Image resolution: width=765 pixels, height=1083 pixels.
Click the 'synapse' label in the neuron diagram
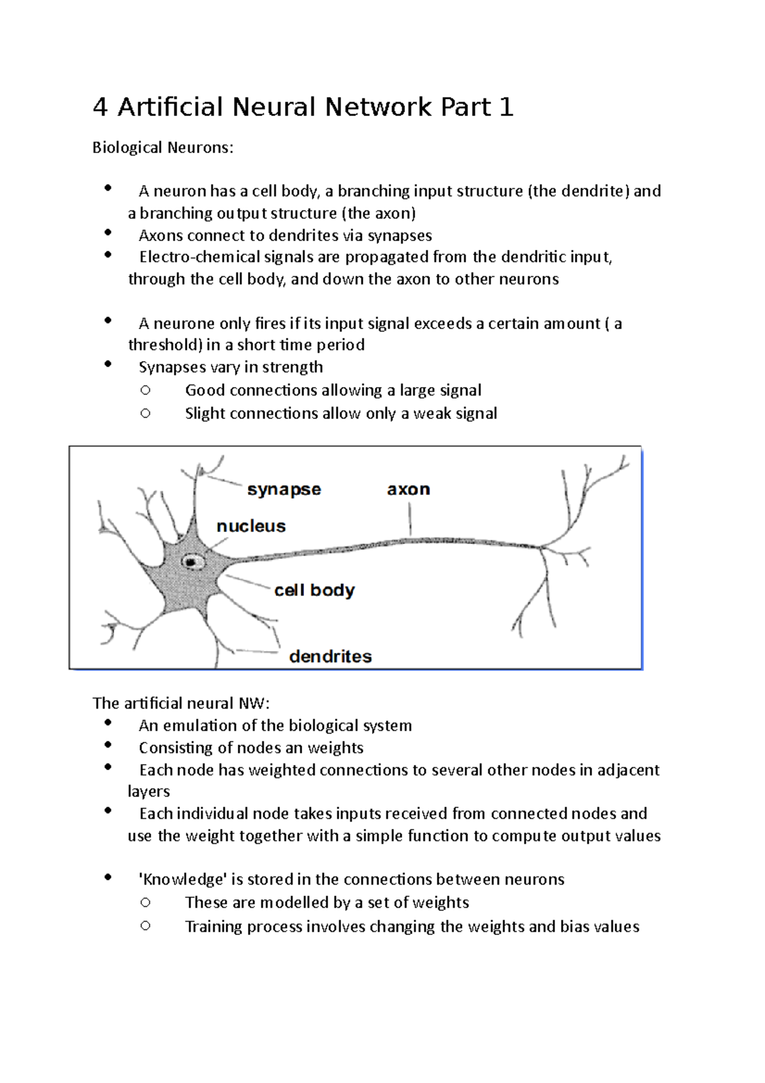(284, 489)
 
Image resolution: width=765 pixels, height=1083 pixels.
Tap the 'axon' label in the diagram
(408, 489)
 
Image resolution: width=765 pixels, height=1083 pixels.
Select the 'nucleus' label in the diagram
(251, 526)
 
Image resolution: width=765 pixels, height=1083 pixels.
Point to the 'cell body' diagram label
(314, 591)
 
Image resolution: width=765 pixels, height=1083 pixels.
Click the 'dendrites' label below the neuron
(330, 656)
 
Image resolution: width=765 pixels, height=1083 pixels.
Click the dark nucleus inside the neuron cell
(191, 562)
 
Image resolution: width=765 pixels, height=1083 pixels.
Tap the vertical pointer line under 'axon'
(410, 519)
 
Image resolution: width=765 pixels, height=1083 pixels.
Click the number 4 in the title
(99, 107)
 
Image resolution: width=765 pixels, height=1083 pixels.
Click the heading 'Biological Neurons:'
(163, 148)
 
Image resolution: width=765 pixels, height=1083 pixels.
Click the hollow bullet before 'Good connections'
(145, 390)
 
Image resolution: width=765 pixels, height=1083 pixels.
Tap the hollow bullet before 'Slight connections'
(145, 413)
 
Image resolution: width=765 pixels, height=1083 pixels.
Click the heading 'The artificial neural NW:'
(181, 704)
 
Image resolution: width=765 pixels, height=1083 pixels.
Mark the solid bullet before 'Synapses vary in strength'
(108, 364)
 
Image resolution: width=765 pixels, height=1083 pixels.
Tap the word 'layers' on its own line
(149, 792)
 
